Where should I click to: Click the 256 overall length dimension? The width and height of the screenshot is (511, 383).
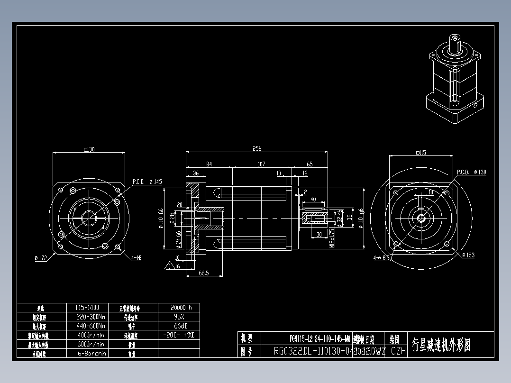(x=256, y=148)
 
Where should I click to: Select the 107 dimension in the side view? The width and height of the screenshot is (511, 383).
(x=261, y=164)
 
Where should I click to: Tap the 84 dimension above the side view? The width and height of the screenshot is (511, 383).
(x=209, y=164)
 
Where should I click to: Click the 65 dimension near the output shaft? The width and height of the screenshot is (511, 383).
(x=310, y=164)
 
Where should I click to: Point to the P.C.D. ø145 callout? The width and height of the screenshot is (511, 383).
(x=147, y=182)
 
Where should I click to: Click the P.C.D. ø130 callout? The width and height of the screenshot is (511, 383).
(x=471, y=172)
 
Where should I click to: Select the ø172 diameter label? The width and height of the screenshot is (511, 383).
(x=41, y=258)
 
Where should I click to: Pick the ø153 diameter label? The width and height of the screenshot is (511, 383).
(x=468, y=255)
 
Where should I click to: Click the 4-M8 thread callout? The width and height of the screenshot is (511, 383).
(x=136, y=257)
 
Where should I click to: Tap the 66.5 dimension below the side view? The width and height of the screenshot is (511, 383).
(x=204, y=273)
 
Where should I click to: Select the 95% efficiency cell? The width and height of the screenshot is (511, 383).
(x=179, y=316)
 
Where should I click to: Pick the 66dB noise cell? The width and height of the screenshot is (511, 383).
(x=179, y=326)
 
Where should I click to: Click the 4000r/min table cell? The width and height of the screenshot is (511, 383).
(x=91, y=335)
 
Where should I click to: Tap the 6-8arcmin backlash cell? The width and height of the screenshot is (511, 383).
(x=91, y=353)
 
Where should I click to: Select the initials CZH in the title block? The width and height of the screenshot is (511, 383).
(x=398, y=351)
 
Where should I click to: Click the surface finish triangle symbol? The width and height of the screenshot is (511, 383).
(x=169, y=265)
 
